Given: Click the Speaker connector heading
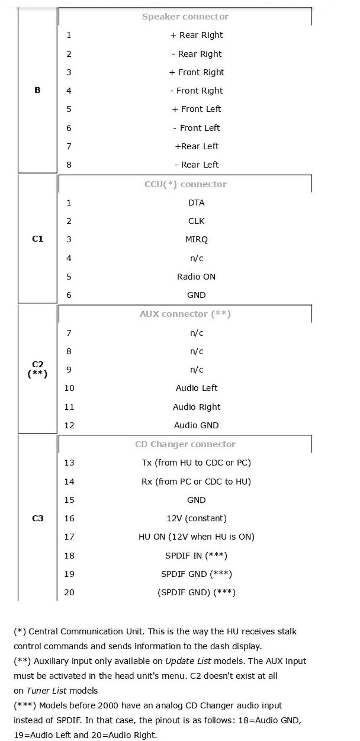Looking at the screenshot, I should click(x=185, y=17).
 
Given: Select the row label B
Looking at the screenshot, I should click(x=37, y=90).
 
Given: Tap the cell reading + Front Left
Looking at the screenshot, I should click(x=196, y=109).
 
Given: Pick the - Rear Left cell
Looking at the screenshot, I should click(x=196, y=165).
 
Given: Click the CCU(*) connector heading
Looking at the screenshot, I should click(x=185, y=184).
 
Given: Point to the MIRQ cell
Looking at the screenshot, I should click(x=196, y=240).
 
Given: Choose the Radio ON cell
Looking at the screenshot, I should click(x=196, y=277).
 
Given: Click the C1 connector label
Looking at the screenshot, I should click(x=38, y=239).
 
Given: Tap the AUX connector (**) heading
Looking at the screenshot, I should click(x=185, y=314).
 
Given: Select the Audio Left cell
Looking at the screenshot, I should click(x=196, y=388).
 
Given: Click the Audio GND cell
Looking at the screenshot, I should click(x=196, y=425).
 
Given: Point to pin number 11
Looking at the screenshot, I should click(x=69, y=407).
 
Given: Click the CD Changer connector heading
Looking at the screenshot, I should click(x=185, y=444).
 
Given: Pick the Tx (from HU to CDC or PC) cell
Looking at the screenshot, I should click(x=196, y=463).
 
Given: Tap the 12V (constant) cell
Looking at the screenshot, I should click(x=196, y=518).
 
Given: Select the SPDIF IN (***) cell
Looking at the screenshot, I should click(x=196, y=556).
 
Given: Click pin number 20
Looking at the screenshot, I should click(x=69, y=593).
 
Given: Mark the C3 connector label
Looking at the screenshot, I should click(x=38, y=518).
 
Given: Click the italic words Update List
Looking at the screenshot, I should click(x=188, y=661).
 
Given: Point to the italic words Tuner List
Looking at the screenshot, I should click(x=46, y=691).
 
